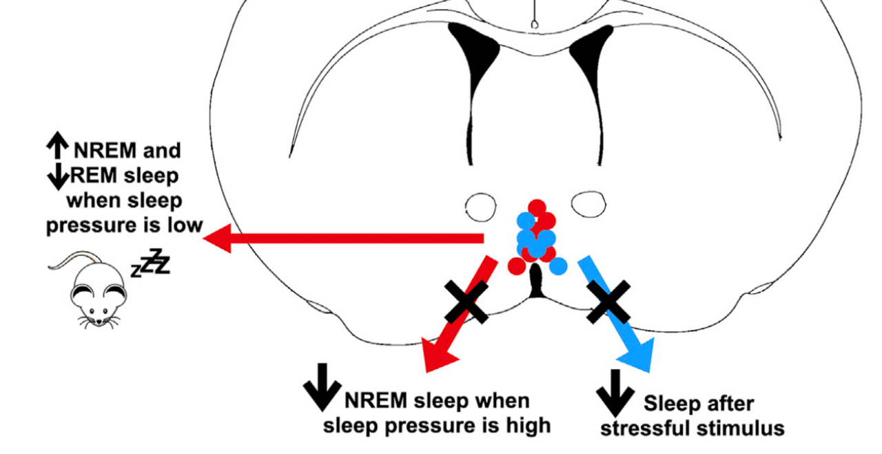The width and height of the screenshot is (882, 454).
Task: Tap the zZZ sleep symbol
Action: (152, 262)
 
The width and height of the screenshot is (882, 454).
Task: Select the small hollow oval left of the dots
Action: (480, 204)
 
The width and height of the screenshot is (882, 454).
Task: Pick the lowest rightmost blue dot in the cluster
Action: (558, 265)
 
